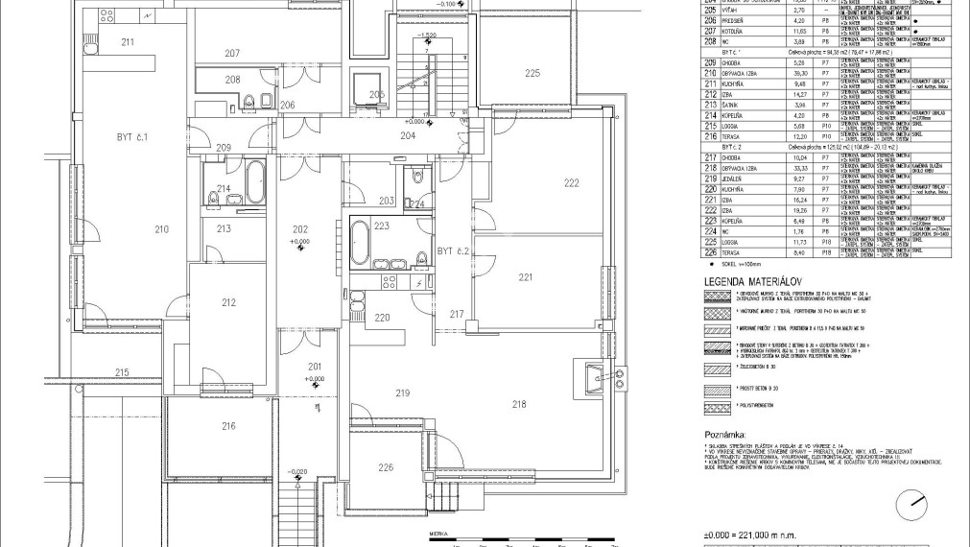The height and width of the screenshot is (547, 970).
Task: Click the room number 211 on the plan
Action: pyautogui.click(x=128, y=42)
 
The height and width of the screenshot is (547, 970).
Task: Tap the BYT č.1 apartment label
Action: pyautogui.click(x=128, y=137)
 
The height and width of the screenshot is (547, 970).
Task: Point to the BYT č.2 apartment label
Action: pyautogui.click(x=451, y=251)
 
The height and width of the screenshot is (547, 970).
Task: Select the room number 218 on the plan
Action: pyautogui.click(x=519, y=404)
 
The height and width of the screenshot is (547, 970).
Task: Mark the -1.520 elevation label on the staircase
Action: pyautogui.click(x=428, y=36)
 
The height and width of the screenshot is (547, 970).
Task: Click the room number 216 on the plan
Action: pyautogui.click(x=201, y=425)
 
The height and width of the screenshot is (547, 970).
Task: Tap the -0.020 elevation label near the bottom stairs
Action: pyautogui.click(x=299, y=471)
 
